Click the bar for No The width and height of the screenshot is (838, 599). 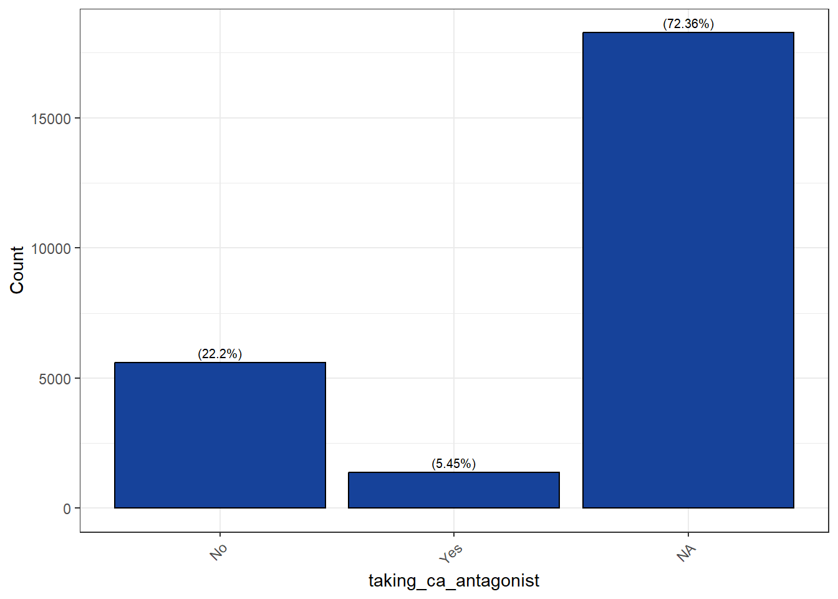click(219, 435)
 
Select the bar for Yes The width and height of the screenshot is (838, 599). click(453, 490)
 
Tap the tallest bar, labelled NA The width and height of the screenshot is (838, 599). click(688, 270)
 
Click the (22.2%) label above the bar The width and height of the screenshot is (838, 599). click(219, 354)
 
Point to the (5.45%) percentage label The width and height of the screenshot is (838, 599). click(453, 464)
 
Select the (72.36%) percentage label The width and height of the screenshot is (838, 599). click(688, 24)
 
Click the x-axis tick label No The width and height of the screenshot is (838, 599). click(218, 552)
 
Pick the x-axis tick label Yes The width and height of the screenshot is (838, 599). click(450, 553)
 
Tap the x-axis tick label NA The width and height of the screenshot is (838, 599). click(686, 553)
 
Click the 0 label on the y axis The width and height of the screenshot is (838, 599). click(67, 509)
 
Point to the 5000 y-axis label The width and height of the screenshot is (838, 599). click(55, 379)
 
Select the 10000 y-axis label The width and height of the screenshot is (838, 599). click(51, 248)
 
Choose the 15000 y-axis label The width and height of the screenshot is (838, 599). click(51, 119)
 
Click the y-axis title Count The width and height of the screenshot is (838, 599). click(17, 270)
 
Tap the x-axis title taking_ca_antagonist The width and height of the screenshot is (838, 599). click(453, 580)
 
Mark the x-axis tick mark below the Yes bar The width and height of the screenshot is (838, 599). click(453, 535)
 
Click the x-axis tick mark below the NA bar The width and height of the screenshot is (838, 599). click(688, 535)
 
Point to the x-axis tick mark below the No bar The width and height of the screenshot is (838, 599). click(219, 535)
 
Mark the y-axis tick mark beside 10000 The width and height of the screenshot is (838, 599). click(77, 248)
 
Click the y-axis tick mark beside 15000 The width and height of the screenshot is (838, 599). click(77, 118)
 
